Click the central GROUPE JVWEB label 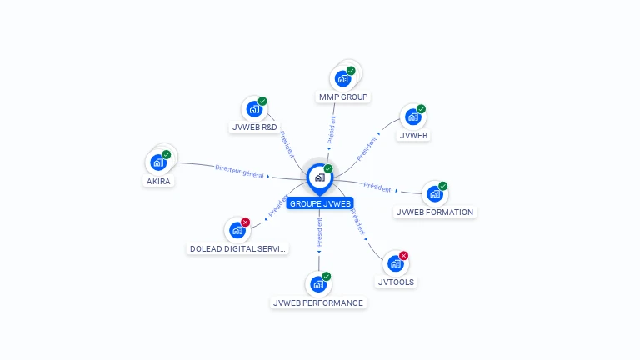(320, 203)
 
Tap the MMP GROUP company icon (342, 79)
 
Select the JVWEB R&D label (253, 127)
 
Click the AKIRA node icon (158, 162)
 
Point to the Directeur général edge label (239, 171)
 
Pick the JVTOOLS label (396, 282)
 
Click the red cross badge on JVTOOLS (404, 256)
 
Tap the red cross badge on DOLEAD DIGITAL (245, 222)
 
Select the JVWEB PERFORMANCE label (318, 302)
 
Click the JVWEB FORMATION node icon (434, 194)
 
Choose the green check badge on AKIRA (167, 154)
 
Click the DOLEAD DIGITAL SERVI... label (238, 248)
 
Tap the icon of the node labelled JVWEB (413, 117)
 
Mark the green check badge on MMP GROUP (351, 71)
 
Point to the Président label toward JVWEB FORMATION (377, 187)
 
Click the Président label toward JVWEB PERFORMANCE (319, 234)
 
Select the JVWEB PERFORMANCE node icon (318, 284)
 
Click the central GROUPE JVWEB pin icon (320, 177)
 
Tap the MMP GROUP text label (343, 97)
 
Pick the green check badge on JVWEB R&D (262, 101)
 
